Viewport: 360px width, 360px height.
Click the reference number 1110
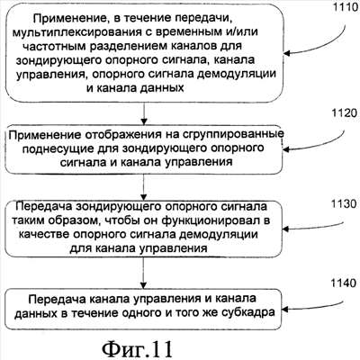pos(346,7)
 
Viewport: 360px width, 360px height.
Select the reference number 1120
pos(345,113)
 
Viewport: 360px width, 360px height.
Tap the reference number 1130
pos(344,204)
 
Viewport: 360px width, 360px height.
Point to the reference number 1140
pos(344,283)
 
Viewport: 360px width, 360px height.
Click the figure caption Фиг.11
pos(137,347)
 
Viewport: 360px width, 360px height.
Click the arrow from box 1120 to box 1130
pos(144,187)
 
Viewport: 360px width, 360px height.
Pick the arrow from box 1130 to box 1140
pos(144,273)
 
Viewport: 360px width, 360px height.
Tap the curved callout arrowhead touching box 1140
pos(285,310)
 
